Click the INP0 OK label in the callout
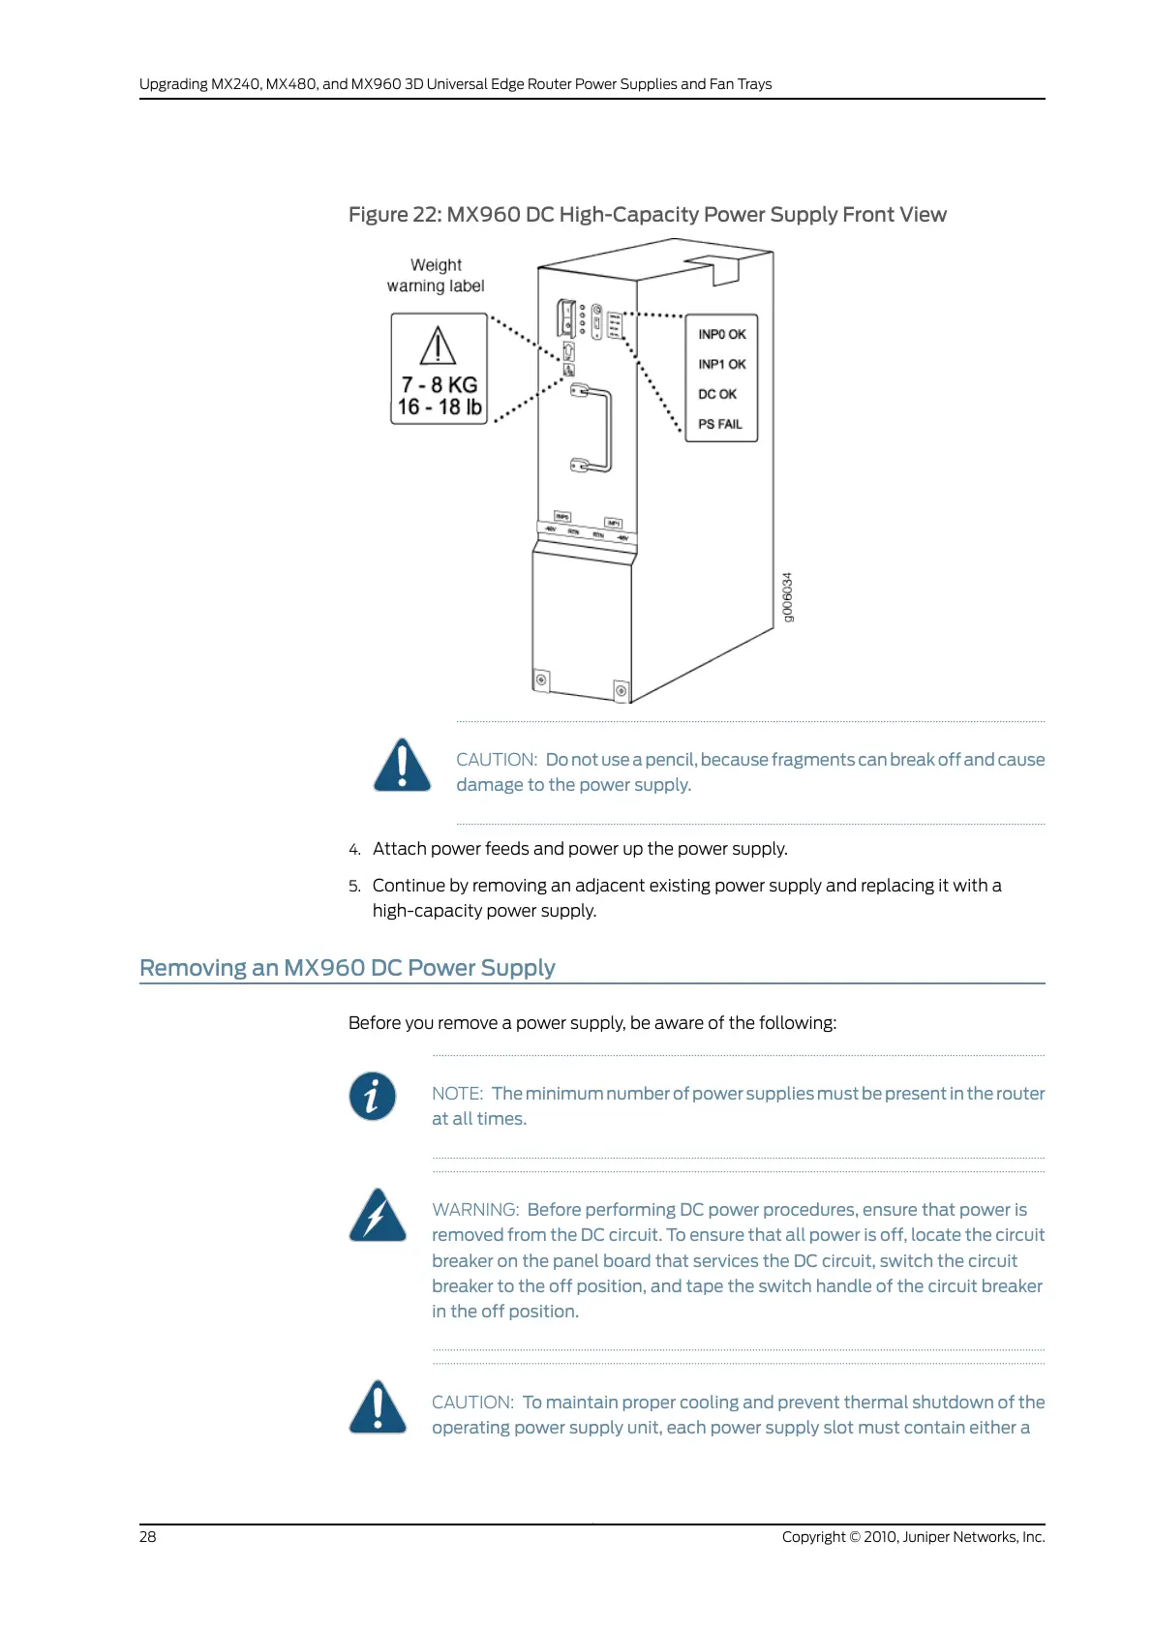[x=721, y=334]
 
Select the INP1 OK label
[x=721, y=364]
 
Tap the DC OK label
[x=717, y=394]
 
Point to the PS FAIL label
[x=719, y=424]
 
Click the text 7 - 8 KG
[x=439, y=384]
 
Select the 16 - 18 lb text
[x=439, y=407]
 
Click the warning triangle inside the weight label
[x=438, y=346]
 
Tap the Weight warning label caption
[x=436, y=275]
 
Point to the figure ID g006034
[x=788, y=597]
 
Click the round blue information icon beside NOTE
[x=373, y=1096]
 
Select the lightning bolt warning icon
[x=377, y=1215]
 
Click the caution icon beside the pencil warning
[x=402, y=765]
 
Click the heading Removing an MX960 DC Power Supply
[x=347, y=968]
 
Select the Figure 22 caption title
[x=647, y=214]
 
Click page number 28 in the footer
[x=147, y=1536]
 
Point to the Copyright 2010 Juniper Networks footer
[x=913, y=1536]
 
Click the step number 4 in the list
[x=354, y=849]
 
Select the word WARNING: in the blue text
[x=475, y=1209]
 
